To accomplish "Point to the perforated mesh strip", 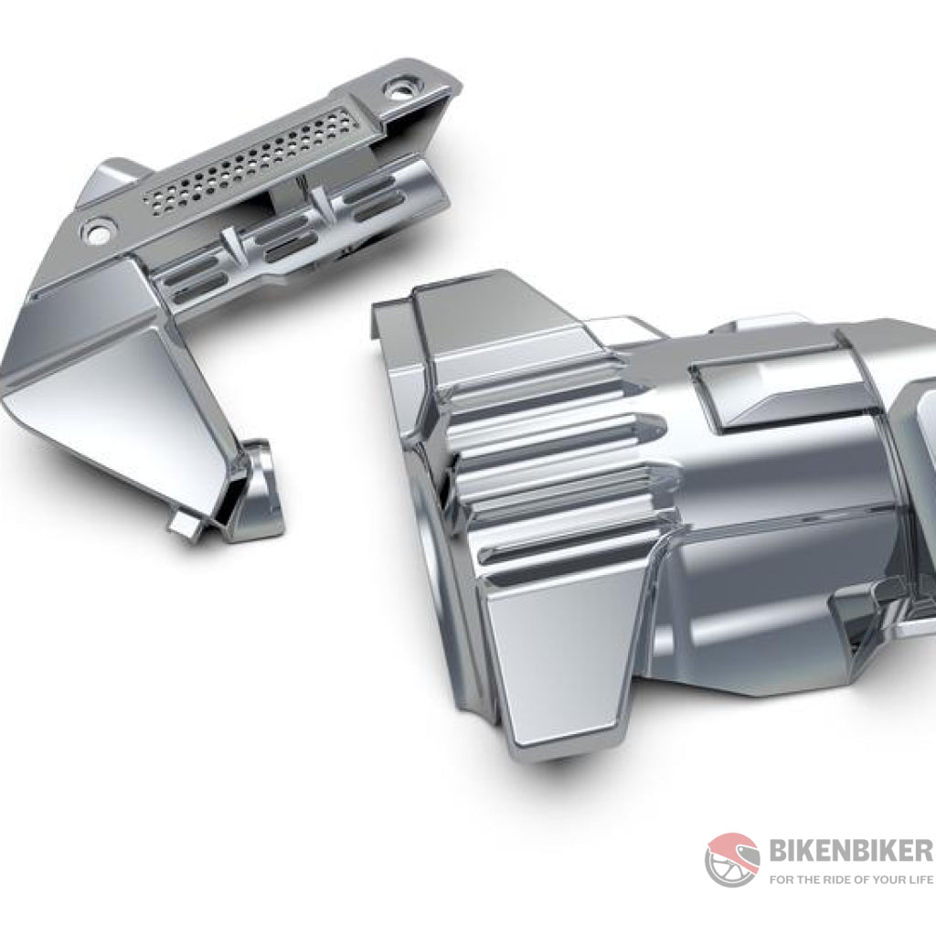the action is coord(249,160).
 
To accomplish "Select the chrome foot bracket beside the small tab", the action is coord(254,491).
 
